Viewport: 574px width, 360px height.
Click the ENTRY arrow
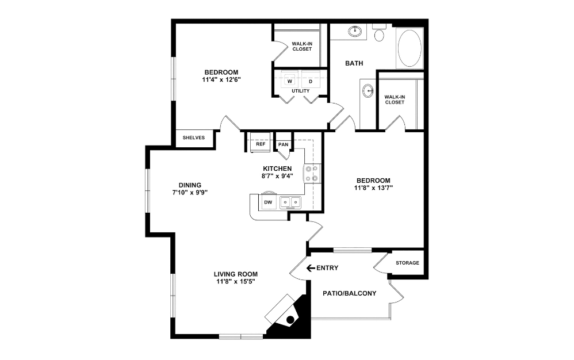(x=311, y=267)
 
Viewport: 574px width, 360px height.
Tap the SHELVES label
(x=194, y=138)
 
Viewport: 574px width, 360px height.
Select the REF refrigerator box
(x=261, y=144)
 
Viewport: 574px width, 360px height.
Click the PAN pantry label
(x=283, y=144)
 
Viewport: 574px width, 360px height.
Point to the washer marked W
(x=290, y=81)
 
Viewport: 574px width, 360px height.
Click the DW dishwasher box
(x=267, y=202)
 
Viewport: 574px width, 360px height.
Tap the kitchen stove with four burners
(x=312, y=173)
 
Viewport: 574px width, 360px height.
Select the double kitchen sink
(x=290, y=202)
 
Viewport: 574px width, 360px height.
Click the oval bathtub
(x=410, y=48)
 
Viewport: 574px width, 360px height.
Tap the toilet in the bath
(x=380, y=34)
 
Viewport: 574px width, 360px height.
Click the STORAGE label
(x=407, y=263)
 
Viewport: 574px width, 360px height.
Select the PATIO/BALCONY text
(x=350, y=293)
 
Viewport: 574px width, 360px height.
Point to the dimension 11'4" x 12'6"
(x=221, y=79)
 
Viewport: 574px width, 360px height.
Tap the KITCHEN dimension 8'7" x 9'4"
(x=278, y=176)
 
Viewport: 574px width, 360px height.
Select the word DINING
(x=189, y=185)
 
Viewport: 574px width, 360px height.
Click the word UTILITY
(x=300, y=91)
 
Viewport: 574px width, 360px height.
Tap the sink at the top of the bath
(x=356, y=30)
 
